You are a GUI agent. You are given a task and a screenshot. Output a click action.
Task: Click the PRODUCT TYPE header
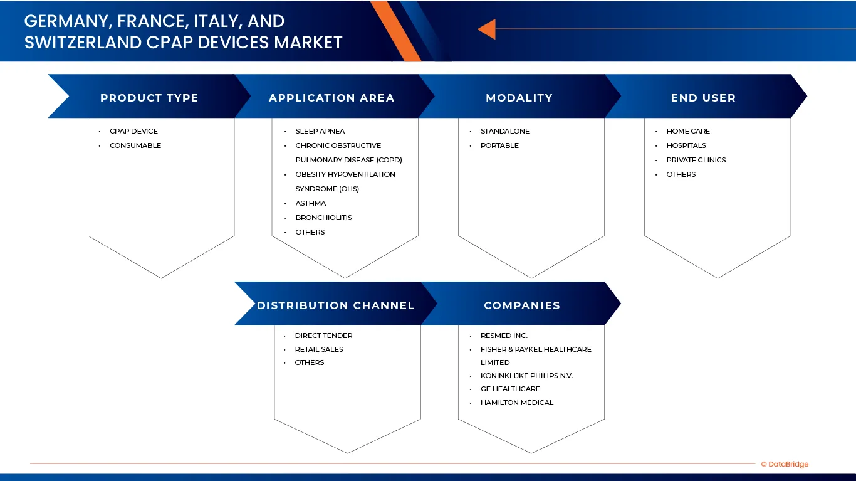(x=149, y=98)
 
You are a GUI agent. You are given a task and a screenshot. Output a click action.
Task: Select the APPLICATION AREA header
(x=331, y=98)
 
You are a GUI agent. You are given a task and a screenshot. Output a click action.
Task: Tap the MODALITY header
(x=519, y=98)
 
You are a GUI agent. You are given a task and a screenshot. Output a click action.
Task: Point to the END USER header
(x=703, y=98)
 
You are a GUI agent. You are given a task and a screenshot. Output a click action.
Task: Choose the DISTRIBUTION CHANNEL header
(x=335, y=305)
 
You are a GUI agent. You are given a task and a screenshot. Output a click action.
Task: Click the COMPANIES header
(x=521, y=305)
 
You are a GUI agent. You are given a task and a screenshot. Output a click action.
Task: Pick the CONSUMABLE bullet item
(x=135, y=145)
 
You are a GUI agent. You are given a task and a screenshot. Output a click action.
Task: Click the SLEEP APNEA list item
(x=320, y=131)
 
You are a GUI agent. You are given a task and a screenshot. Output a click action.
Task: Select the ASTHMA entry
(x=310, y=203)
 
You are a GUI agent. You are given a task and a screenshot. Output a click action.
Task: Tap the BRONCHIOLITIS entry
(x=323, y=218)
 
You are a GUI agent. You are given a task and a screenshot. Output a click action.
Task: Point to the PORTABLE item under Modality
(x=499, y=145)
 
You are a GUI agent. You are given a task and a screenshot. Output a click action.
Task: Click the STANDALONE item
(x=504, y=131)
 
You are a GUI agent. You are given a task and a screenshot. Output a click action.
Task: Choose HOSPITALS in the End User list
(x=686, y=145)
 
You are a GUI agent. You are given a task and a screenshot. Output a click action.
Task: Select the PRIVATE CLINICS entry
(x=696, y=160)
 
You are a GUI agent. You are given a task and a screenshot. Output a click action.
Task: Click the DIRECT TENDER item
(x=323, y=336)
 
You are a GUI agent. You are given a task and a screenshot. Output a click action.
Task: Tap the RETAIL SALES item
(x=319, y=349)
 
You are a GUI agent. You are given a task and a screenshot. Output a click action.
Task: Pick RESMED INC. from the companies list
(x=504, y=336)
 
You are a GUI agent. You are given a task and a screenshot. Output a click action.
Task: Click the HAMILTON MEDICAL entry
(x=517, y=403)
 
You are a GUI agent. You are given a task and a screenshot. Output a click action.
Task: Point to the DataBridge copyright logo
(x=785, y=465)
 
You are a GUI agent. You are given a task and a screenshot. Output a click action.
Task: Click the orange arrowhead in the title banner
(x=486, y=29)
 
